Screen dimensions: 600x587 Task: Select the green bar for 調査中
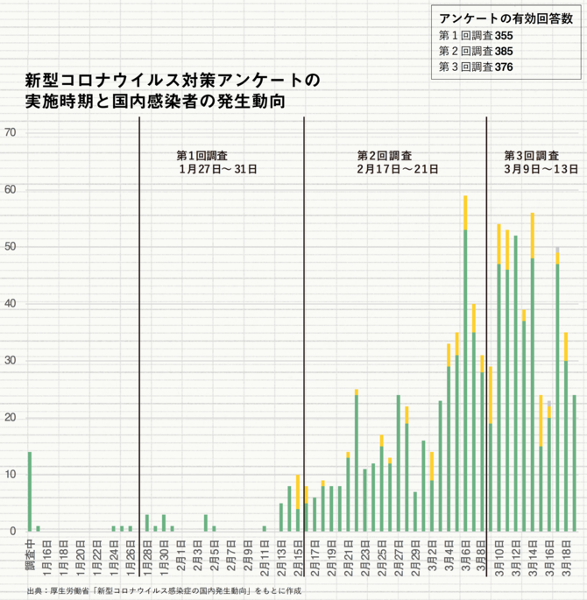(x=29, y=491)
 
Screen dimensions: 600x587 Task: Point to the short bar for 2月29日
(x=415, y=512)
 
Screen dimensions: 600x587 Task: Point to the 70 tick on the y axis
(x=11, y=133)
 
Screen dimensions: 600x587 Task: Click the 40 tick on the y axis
(x=11, y=304)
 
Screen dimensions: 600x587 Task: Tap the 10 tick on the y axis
(x=11, y=475)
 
